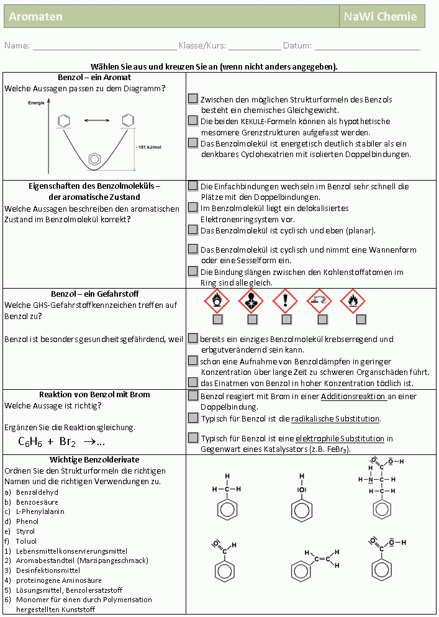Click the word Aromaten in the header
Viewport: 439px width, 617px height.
click(x=36, y=17)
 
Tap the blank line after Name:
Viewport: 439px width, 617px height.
click(x=104, y=45)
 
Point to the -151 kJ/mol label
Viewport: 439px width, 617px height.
click(x=148, y=148)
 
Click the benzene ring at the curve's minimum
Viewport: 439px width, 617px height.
click(x=94, y=159)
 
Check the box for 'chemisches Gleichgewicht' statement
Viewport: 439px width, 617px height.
click(x=193, y=99)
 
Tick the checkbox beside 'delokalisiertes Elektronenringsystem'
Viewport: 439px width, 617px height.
click(x=193, y=207)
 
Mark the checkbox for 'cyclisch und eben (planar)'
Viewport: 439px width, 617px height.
click(x=193, y=230)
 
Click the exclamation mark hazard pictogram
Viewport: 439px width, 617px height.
click(x=286, y=302)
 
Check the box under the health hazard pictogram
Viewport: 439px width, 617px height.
click(x=252, y=320)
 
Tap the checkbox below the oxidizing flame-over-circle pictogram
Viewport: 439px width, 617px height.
click(x=217, y=320)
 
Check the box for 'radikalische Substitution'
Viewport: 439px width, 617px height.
click(x=193, y=418)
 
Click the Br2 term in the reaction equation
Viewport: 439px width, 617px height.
click(x=67, y=443)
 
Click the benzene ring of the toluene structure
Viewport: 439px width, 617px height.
click(x=227, y=510)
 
